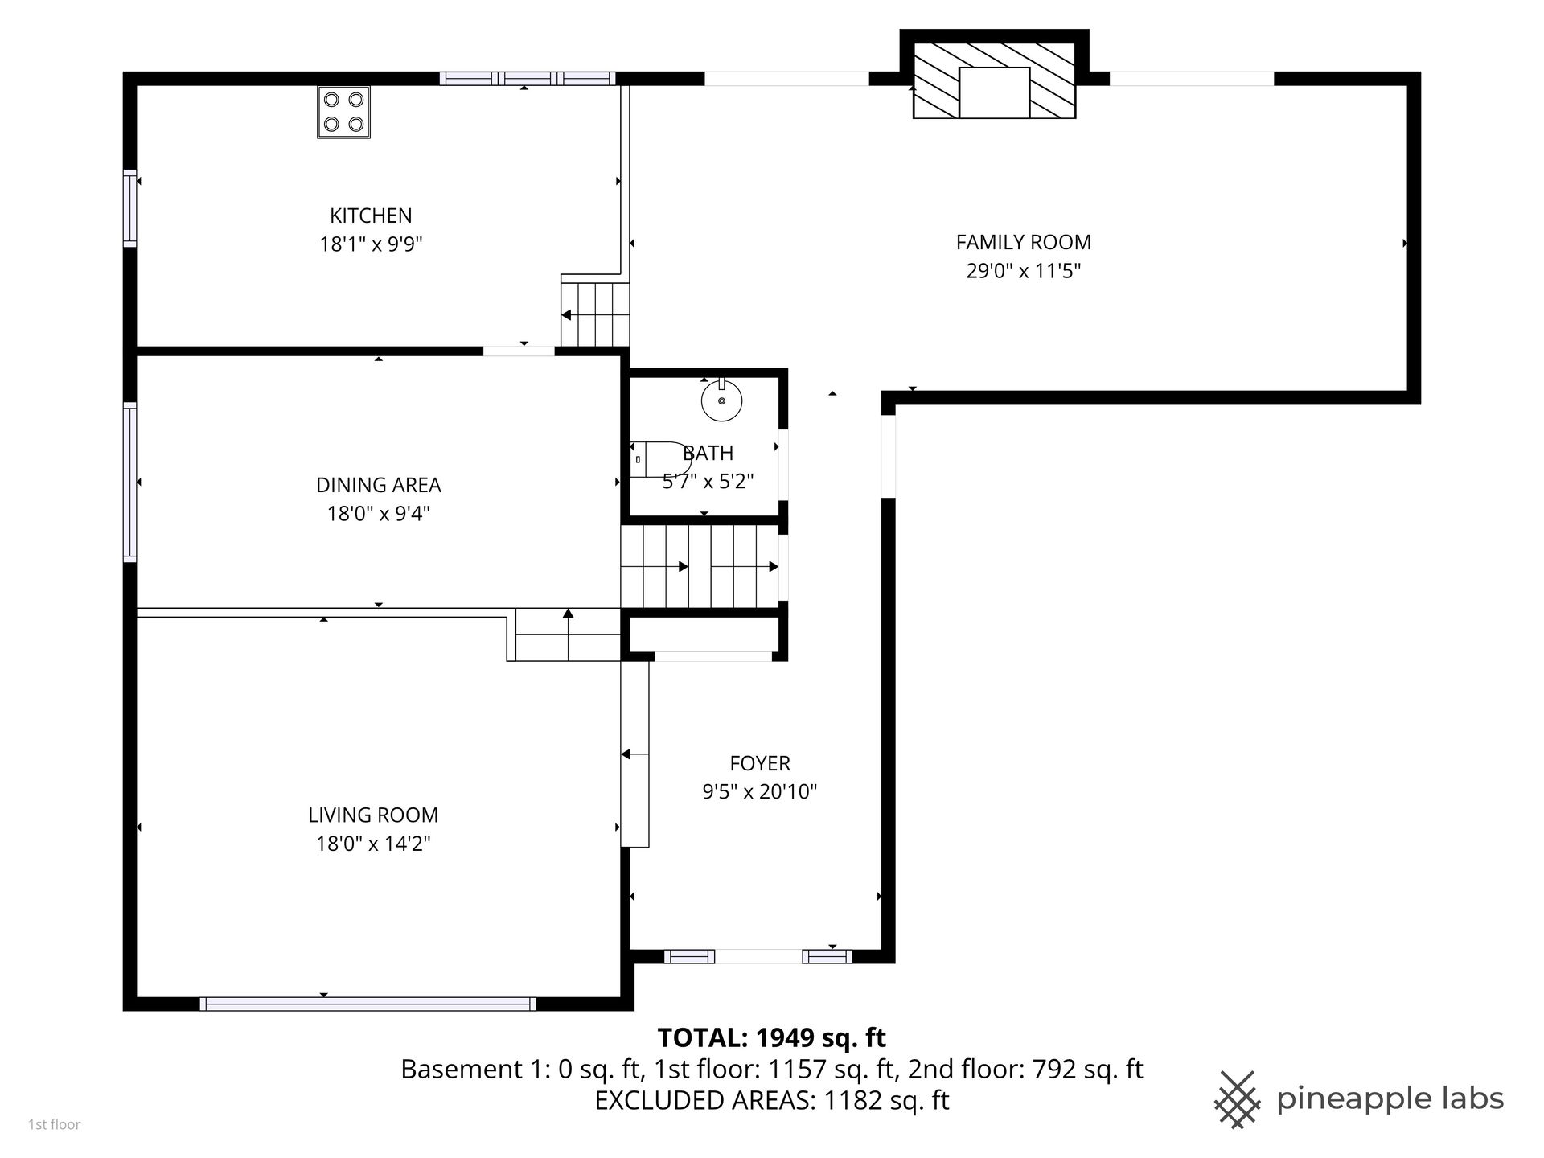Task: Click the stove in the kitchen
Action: point(343,113)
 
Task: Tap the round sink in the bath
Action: point(721,400)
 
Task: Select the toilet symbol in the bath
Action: point(659,459)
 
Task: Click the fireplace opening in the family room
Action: point(994,92)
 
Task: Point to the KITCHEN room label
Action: point(371,216)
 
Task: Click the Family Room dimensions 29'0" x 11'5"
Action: point(1023,270)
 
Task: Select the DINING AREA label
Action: point(378,485)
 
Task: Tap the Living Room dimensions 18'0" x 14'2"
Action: point(373,844)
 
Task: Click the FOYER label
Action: point(760,763)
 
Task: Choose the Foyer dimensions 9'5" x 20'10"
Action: point(760,792)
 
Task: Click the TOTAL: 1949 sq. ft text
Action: point(772,1038)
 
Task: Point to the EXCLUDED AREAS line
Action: point(772,1100)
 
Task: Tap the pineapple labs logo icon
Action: point(1238,1099)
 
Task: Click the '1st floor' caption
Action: point(55,1125)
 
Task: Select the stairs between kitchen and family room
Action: point(595,310)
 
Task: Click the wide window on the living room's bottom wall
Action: point(368,1004)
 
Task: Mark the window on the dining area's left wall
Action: point(129,482)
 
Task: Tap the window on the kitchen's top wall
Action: point(528,79)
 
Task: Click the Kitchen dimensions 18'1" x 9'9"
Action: point(371,244)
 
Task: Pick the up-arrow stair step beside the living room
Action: point(568,634)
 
